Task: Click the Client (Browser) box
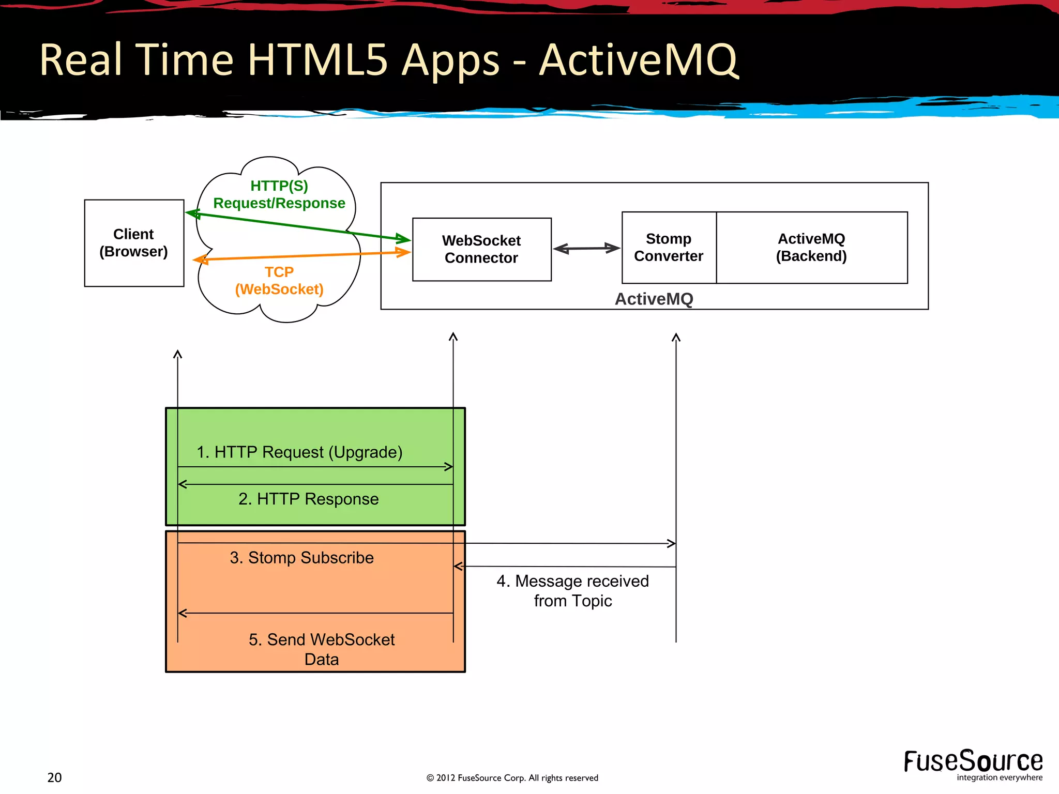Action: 134,243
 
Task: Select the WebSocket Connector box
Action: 481,249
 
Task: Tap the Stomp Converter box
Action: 669,248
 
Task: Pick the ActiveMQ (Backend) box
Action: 811,248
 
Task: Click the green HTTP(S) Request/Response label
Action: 279,194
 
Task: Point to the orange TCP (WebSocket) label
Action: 279,281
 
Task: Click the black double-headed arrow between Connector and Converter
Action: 586,249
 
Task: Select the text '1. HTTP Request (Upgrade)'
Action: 299,452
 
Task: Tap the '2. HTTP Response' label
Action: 309,499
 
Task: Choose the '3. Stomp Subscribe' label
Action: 301,558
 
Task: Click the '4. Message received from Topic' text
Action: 572,591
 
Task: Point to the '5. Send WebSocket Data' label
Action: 322,649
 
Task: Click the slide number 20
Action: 54,777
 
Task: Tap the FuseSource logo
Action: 973,761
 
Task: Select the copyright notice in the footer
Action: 512,778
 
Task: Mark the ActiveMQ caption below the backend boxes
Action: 654,299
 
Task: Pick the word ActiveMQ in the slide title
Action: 638,61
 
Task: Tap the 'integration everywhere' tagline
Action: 999,777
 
